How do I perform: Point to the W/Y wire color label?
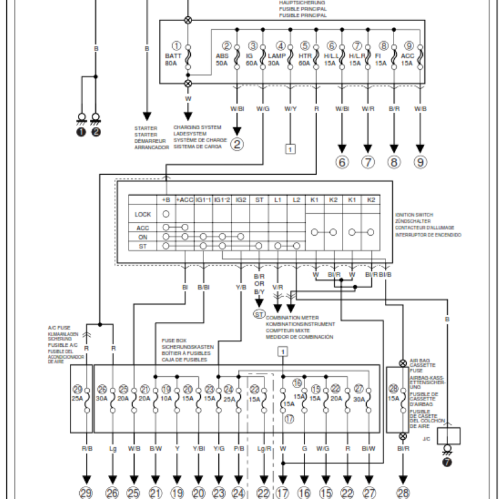290,109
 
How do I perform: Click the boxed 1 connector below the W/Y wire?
290,148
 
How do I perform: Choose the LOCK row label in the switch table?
143,214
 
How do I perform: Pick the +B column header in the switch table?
166,200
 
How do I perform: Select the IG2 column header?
240,200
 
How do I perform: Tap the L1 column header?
278,200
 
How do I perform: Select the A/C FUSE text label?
59,327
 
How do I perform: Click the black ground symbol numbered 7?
446,462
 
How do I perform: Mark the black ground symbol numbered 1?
81,131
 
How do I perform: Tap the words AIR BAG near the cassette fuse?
419,361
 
